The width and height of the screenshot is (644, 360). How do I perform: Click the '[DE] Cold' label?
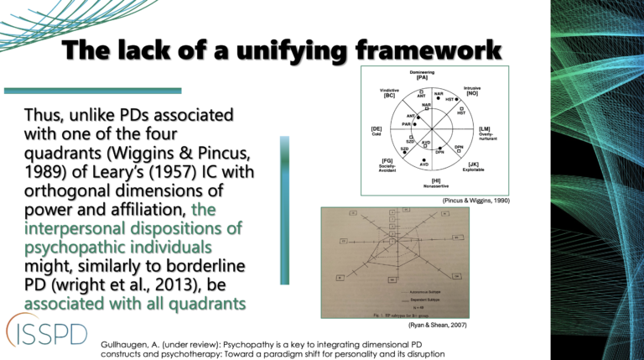377,132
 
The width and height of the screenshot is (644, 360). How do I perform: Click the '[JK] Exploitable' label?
474,167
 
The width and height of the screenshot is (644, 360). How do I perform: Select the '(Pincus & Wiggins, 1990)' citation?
476,202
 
